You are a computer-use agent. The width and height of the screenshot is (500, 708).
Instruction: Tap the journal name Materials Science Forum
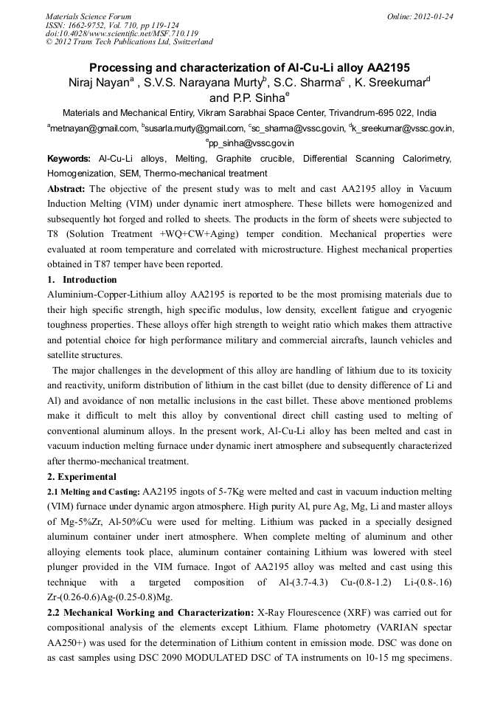88,16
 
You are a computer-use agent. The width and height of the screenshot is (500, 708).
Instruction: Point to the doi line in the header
122,33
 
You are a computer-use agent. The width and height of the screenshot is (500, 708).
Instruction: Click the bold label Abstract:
66,189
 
